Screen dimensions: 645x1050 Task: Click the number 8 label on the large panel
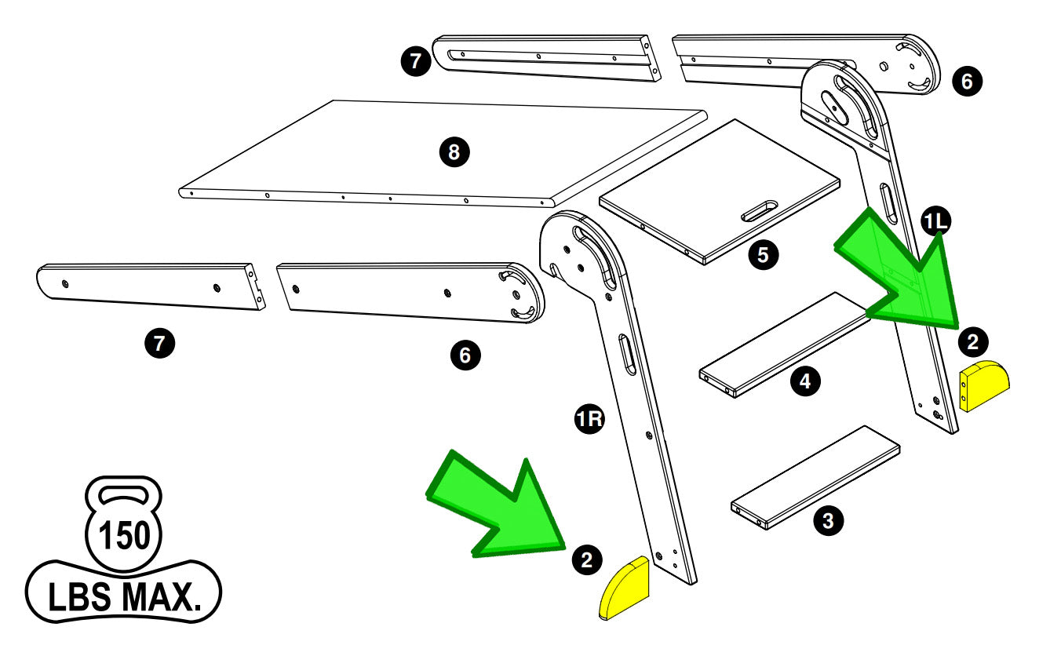(x=454, y=152)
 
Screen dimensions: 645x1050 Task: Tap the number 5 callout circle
(x=763, y=254)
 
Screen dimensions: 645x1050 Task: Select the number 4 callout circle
(x=804, y=381)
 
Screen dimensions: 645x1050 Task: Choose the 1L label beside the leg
(x=936, y=223)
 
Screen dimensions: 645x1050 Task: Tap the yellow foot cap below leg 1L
(x=984, y=385)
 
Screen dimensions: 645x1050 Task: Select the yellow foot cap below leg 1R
(x=625, y=589)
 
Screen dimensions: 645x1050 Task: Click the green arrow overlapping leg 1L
(x=902, y=275)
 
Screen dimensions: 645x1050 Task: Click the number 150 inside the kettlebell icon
(x=123, y=537)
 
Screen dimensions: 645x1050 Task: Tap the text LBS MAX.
(x=123, y=597)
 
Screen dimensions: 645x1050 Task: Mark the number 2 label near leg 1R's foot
(x=586, y=558)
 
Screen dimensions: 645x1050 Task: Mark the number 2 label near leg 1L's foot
(x=973, y=341)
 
